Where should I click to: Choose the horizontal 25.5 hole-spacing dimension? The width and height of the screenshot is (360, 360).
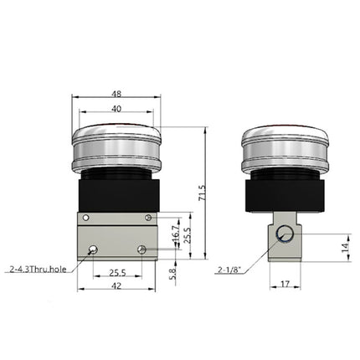(x=117, y=272)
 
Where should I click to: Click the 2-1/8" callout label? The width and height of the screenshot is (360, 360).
(x=229, y=270)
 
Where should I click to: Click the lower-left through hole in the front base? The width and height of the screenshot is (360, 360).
(x=94, y=249)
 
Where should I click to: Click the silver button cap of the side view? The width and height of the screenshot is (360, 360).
(x=284, y=151)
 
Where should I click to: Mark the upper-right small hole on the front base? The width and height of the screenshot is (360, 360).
(x=148, y=218)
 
